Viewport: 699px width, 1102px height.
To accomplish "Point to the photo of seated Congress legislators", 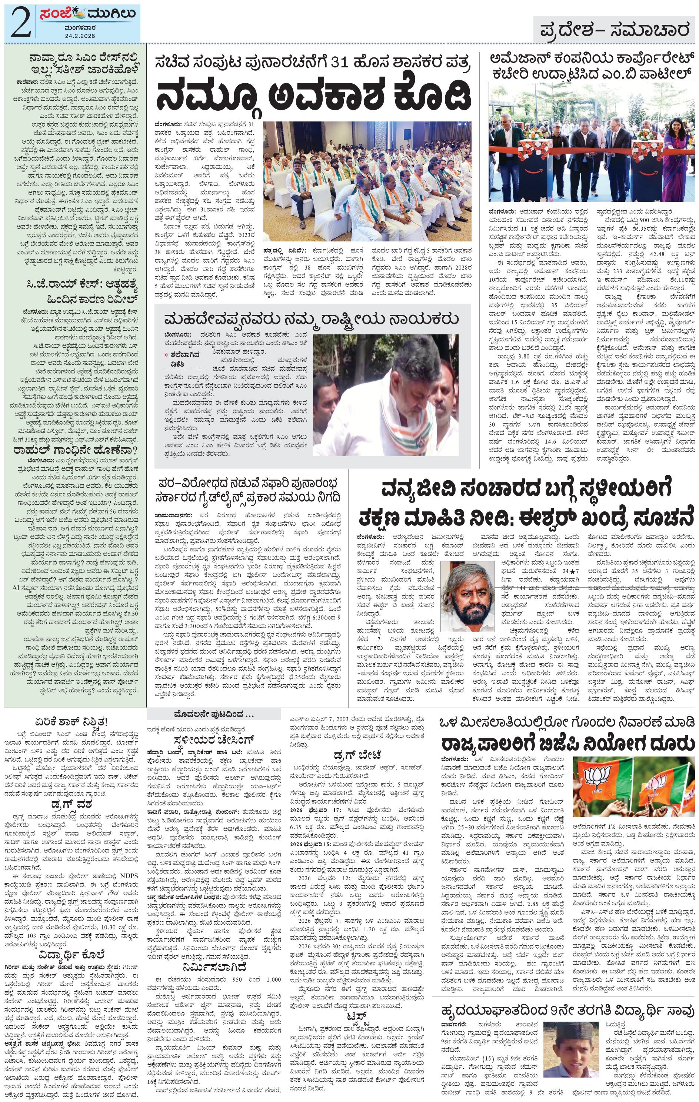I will point(367,181).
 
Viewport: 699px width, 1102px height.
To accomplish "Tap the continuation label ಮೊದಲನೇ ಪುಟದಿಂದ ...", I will point(213,714).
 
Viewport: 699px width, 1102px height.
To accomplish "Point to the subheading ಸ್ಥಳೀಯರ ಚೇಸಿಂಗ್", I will point(214,739).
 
